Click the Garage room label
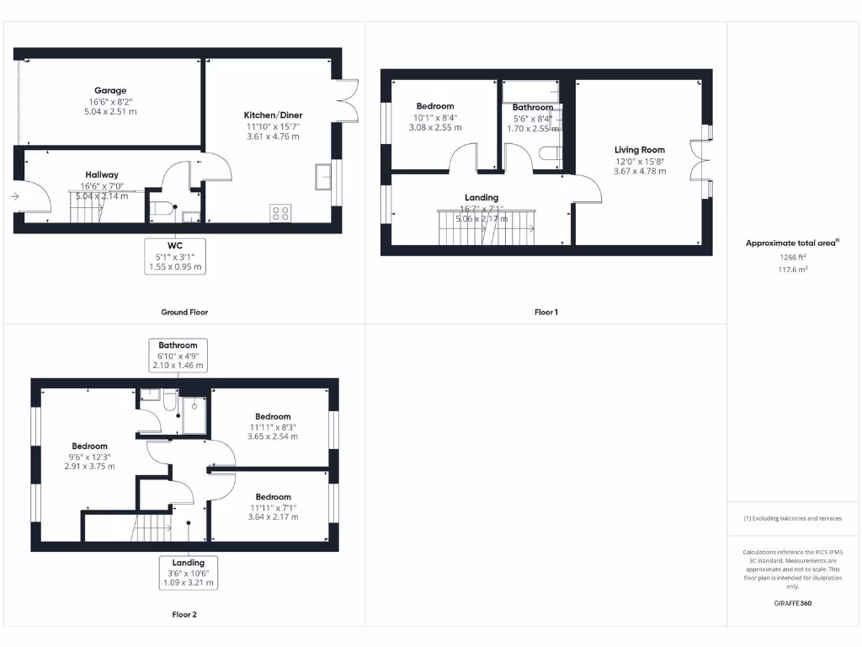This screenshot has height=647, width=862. click(110, 90)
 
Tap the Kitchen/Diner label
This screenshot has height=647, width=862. click(273, 115)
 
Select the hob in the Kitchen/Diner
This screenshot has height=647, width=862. click(280, 213)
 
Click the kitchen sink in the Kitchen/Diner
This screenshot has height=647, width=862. click(323, 177)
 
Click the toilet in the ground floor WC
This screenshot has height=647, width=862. click(162, 209)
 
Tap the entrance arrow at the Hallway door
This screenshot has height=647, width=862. click(16, 195)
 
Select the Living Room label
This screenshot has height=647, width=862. click(640, 150)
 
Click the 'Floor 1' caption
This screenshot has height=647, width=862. click(545, 312)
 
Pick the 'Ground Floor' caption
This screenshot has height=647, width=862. click(184, 312)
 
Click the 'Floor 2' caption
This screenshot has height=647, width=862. click(184, 614)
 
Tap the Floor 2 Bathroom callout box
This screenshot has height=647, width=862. click(178, 356)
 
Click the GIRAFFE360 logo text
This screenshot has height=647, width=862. click(793, 603)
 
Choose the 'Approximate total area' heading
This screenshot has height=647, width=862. click(791, 243)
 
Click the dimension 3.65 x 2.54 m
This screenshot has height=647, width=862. click(273, 437)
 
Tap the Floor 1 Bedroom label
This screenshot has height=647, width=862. click(435, 106)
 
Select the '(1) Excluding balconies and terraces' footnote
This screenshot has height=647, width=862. click(792, 518)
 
